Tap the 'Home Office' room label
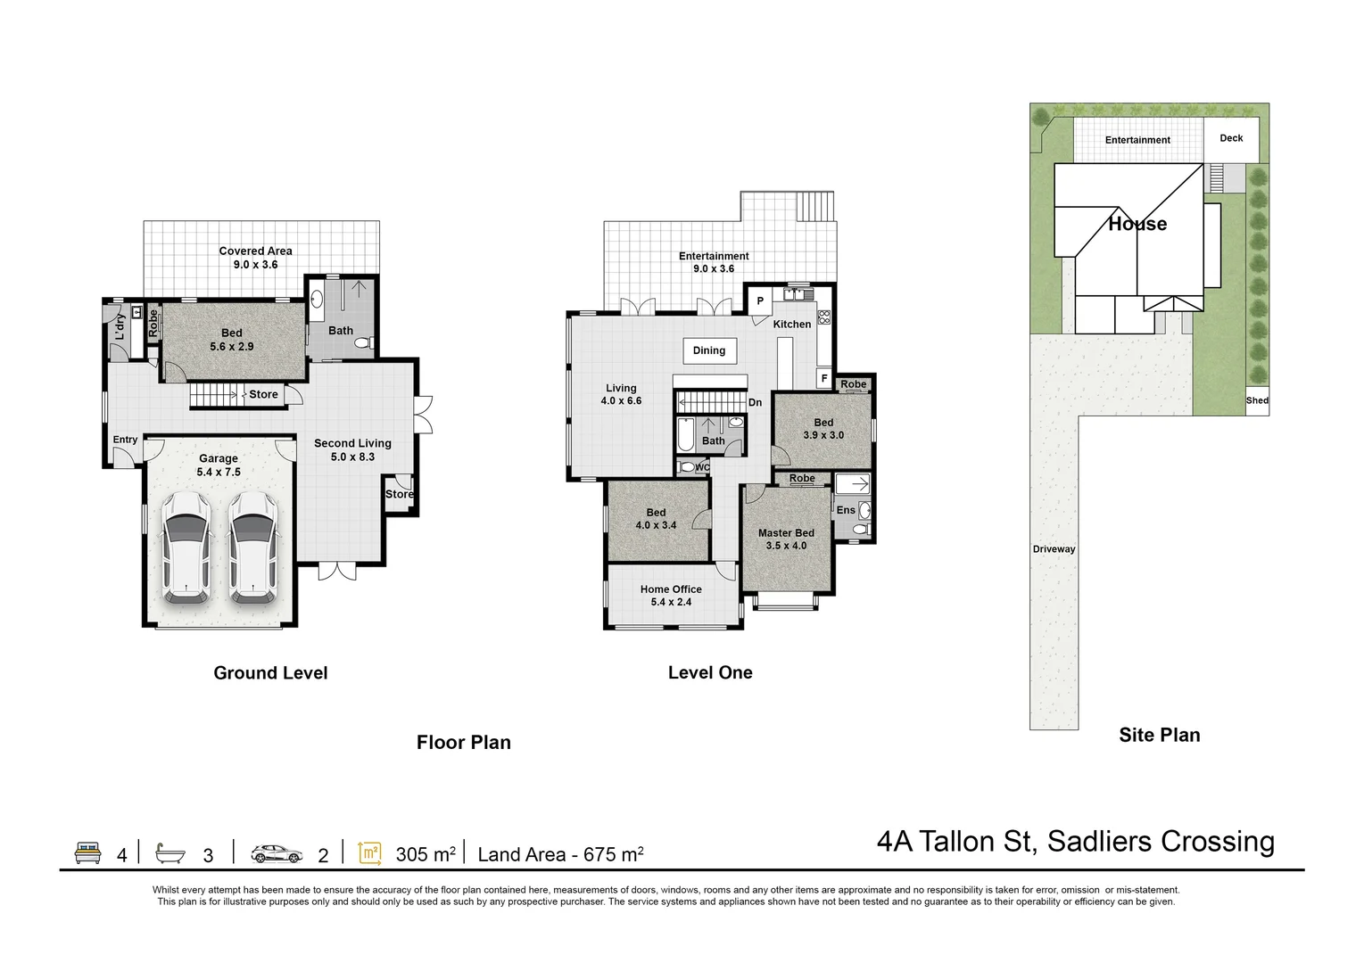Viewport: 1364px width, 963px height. click(x=671, y=589)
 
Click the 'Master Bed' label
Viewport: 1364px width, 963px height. click(x=786, y=533)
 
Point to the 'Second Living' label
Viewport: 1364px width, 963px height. click(x=352, y=443)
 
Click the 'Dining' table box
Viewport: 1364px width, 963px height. click(x=709, y=350)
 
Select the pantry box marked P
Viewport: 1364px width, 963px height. click(x=760, y=301)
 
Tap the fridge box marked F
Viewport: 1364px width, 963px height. click(x=824, y=379)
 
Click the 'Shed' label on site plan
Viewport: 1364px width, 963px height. click(x=1257, y=400)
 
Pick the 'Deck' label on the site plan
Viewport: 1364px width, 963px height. click(x=1231, y=138)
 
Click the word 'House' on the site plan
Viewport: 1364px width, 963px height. click(x=1137, y=224)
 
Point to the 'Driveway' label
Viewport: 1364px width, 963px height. click(x=1054, y=549)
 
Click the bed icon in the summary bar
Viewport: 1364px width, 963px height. click(x=87, y=853)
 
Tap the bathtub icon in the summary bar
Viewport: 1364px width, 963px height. click(x=169, y=853)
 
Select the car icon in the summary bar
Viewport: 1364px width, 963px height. click(x=270, y=853)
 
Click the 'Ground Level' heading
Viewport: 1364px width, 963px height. click(x=270, y=673)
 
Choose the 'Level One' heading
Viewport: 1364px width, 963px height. click(x=710, y=673)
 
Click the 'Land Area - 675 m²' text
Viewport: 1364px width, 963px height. click(x=560, y=854)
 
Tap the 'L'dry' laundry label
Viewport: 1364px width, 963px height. click(x=120, y=327)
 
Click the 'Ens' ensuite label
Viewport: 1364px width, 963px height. click(x=846, y=510)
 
